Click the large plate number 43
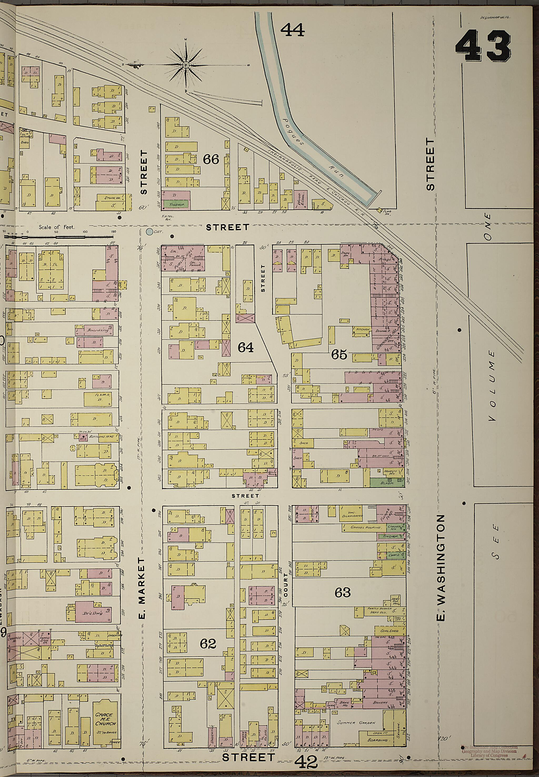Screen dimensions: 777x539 [x=483, y=46]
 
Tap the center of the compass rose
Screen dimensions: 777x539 [x=185, y=65]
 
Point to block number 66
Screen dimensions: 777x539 [x=211, y=159]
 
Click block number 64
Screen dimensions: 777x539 [x=246, y=347]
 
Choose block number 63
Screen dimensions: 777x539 [x=342, y=592]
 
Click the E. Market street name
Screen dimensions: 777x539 [x=142, y=587]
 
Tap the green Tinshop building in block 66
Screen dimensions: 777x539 [x=174, y=204]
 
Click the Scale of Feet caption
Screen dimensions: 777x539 [x=56, y=227]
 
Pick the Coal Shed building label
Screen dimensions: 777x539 [x=389, y=631]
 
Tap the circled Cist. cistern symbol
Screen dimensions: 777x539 [x=149, y=232]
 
